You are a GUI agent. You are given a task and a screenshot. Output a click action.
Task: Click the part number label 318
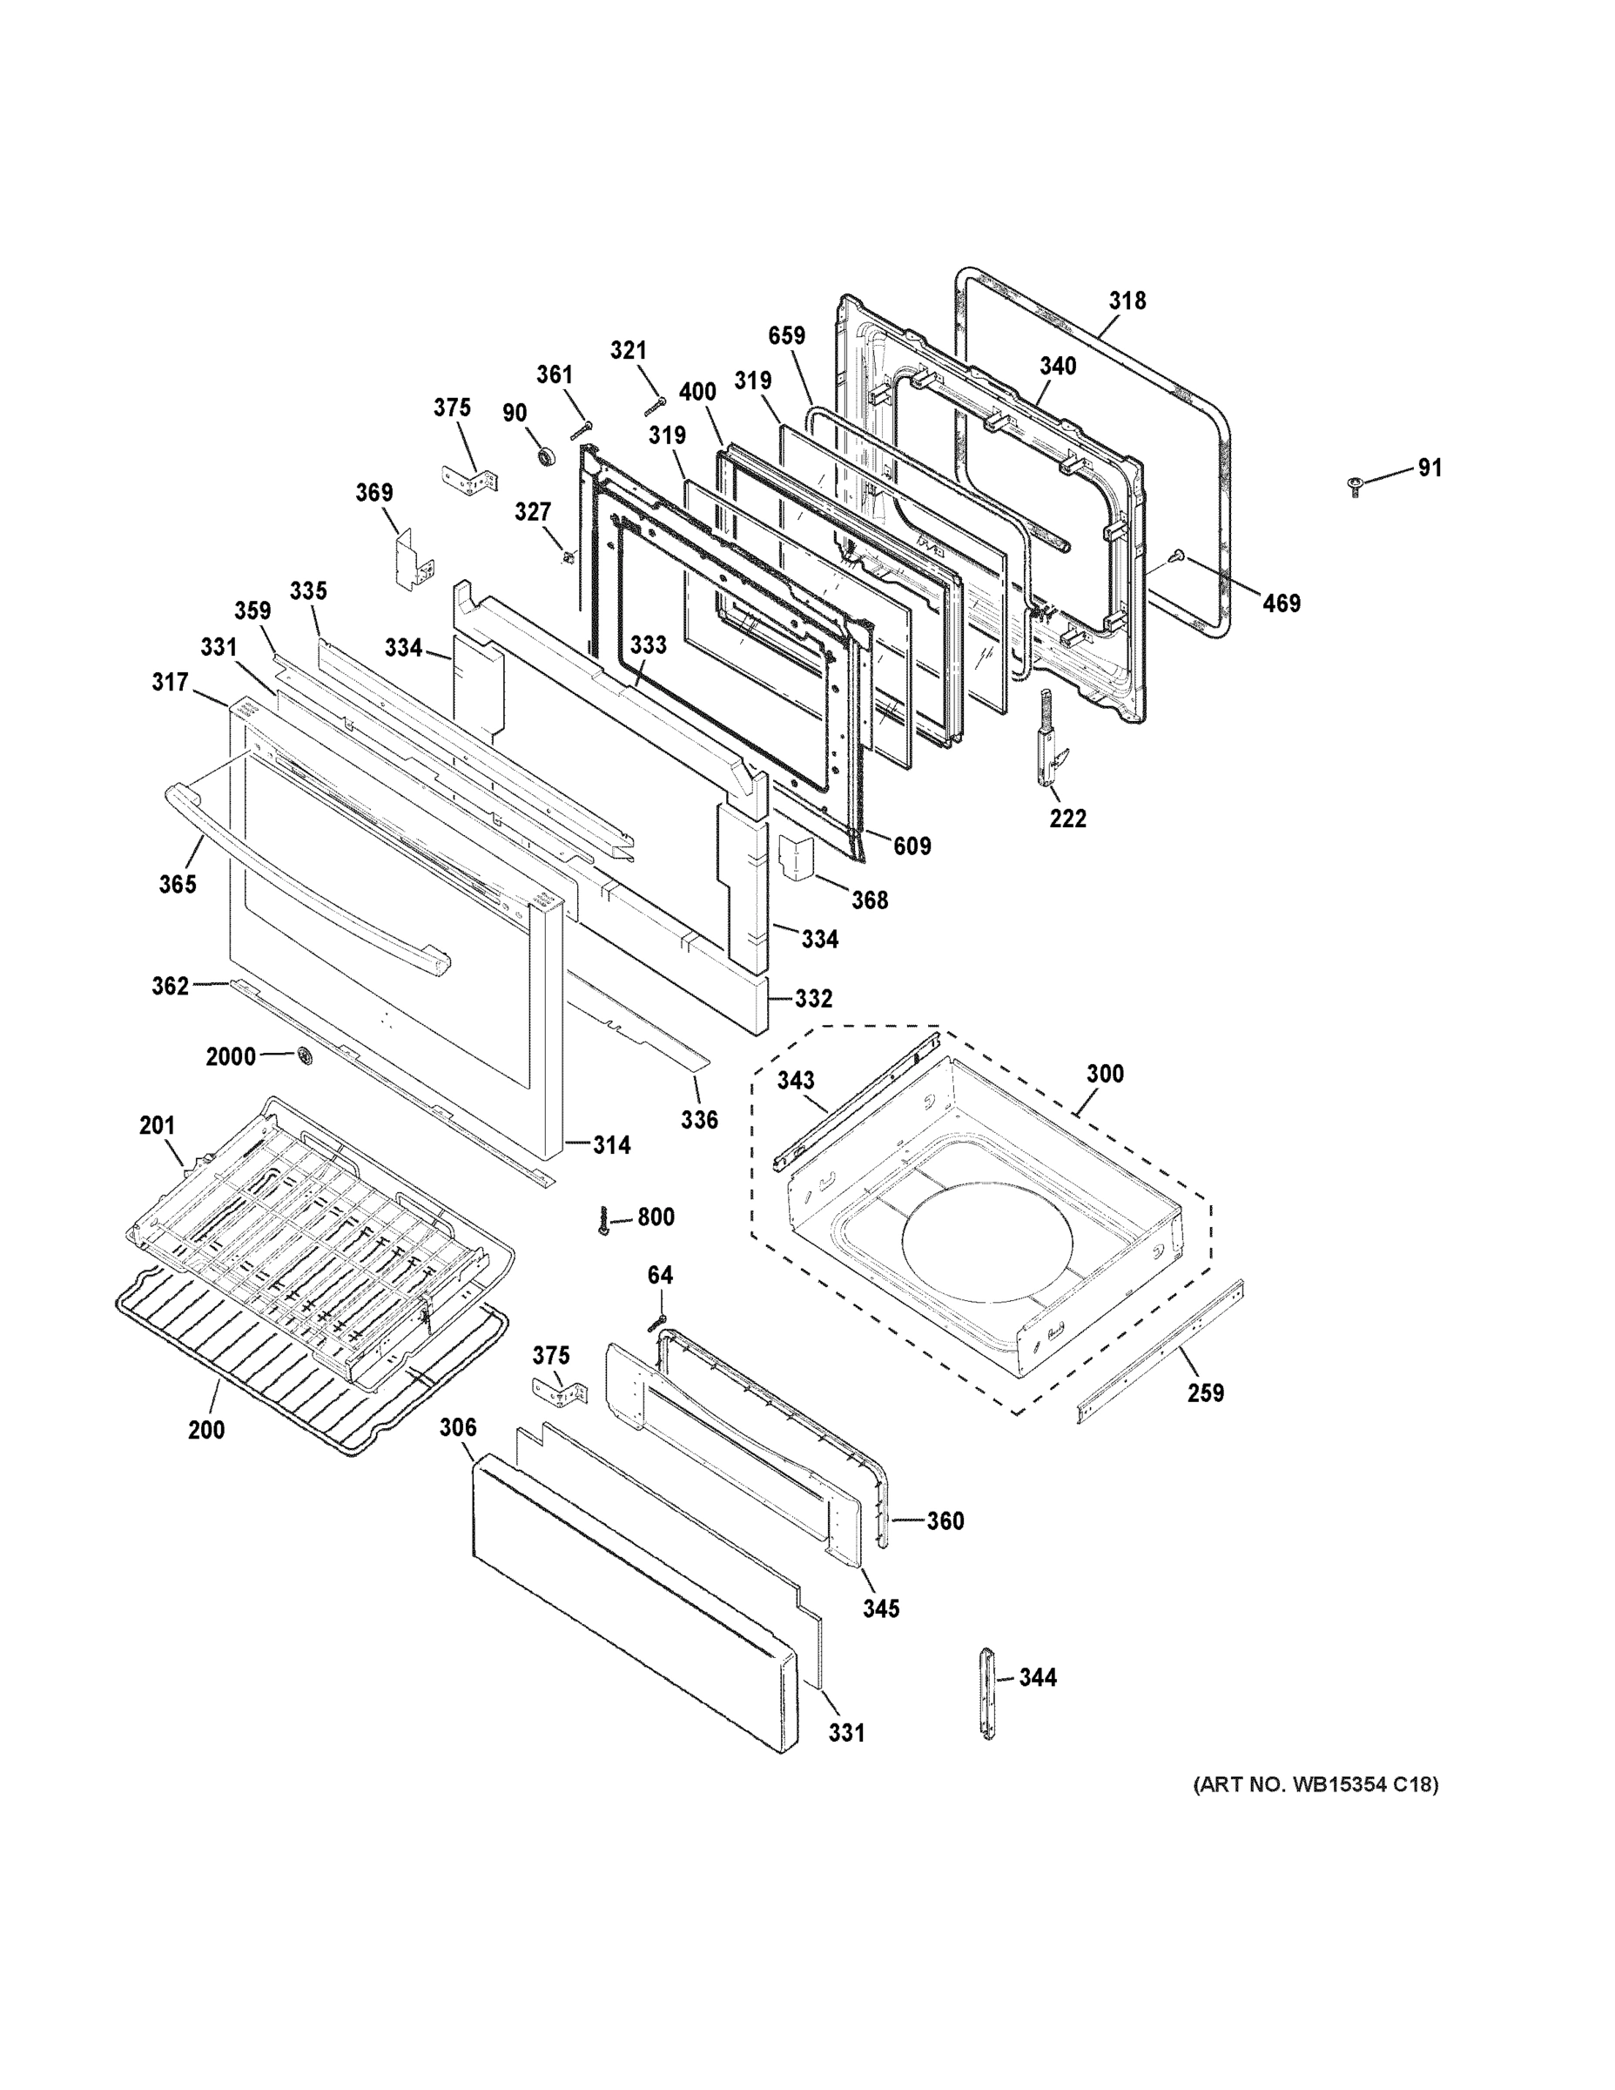pyautogui.click(x=1127, y=300)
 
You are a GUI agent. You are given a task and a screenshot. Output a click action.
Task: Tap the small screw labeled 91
pyautogui.click(x=1354, y=487)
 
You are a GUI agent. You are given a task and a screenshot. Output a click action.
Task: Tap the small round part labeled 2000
pyautogui.click(x=306, y=1056)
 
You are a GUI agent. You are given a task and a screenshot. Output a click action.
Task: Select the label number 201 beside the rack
pyautogui.click(x=157, y=1125)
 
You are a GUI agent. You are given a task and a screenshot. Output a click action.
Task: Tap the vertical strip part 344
pyautogui.click(x=987, y=1705)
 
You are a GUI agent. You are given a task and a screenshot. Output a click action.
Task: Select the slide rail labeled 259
pyautogui.click(x=1160, y=1352)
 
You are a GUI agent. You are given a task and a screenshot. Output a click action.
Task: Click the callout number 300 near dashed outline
pyautogui.click(x=1104, y=1074)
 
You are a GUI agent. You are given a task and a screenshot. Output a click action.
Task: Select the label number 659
pyautogui.click(x=786, y=336)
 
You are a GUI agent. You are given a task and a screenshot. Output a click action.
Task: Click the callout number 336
pyautogui.click(x=698, y=1119)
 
